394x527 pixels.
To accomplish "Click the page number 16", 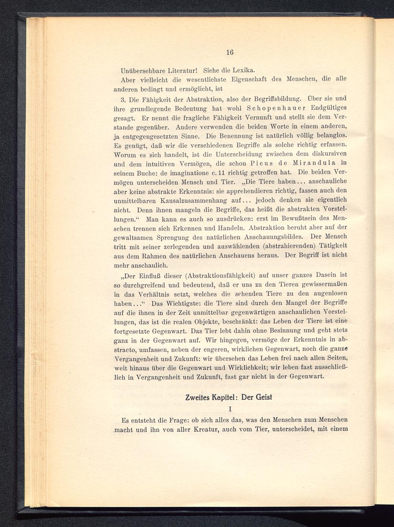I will coord(230,52).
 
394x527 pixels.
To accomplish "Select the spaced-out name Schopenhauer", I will coord(273,108).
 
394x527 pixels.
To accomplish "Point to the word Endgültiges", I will coord(329,108).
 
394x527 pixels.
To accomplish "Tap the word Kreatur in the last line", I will coord(202,429).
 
